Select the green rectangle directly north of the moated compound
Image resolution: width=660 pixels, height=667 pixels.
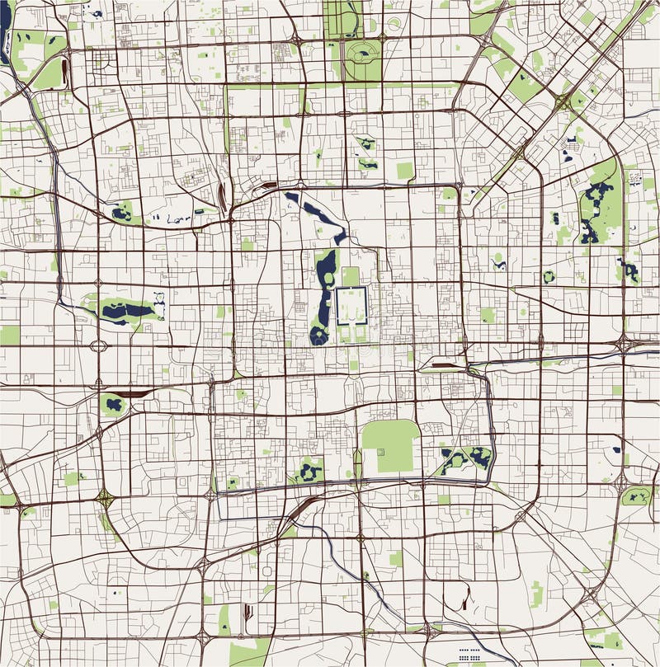point(351,275)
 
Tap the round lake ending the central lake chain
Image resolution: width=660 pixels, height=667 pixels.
point(319,335)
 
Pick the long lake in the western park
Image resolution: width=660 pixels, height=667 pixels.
point(126,311)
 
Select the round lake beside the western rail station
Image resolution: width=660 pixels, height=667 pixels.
point(114,404)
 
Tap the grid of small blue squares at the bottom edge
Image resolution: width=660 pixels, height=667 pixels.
point(470,655)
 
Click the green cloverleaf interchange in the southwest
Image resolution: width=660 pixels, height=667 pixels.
point(104,497)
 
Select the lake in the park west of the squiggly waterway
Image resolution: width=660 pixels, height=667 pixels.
point(122,214)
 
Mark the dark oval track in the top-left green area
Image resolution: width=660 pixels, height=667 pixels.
point(58,73)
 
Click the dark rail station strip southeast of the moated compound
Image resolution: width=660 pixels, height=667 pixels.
point(437,363)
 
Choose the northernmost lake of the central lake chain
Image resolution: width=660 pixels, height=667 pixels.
point(293,198)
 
